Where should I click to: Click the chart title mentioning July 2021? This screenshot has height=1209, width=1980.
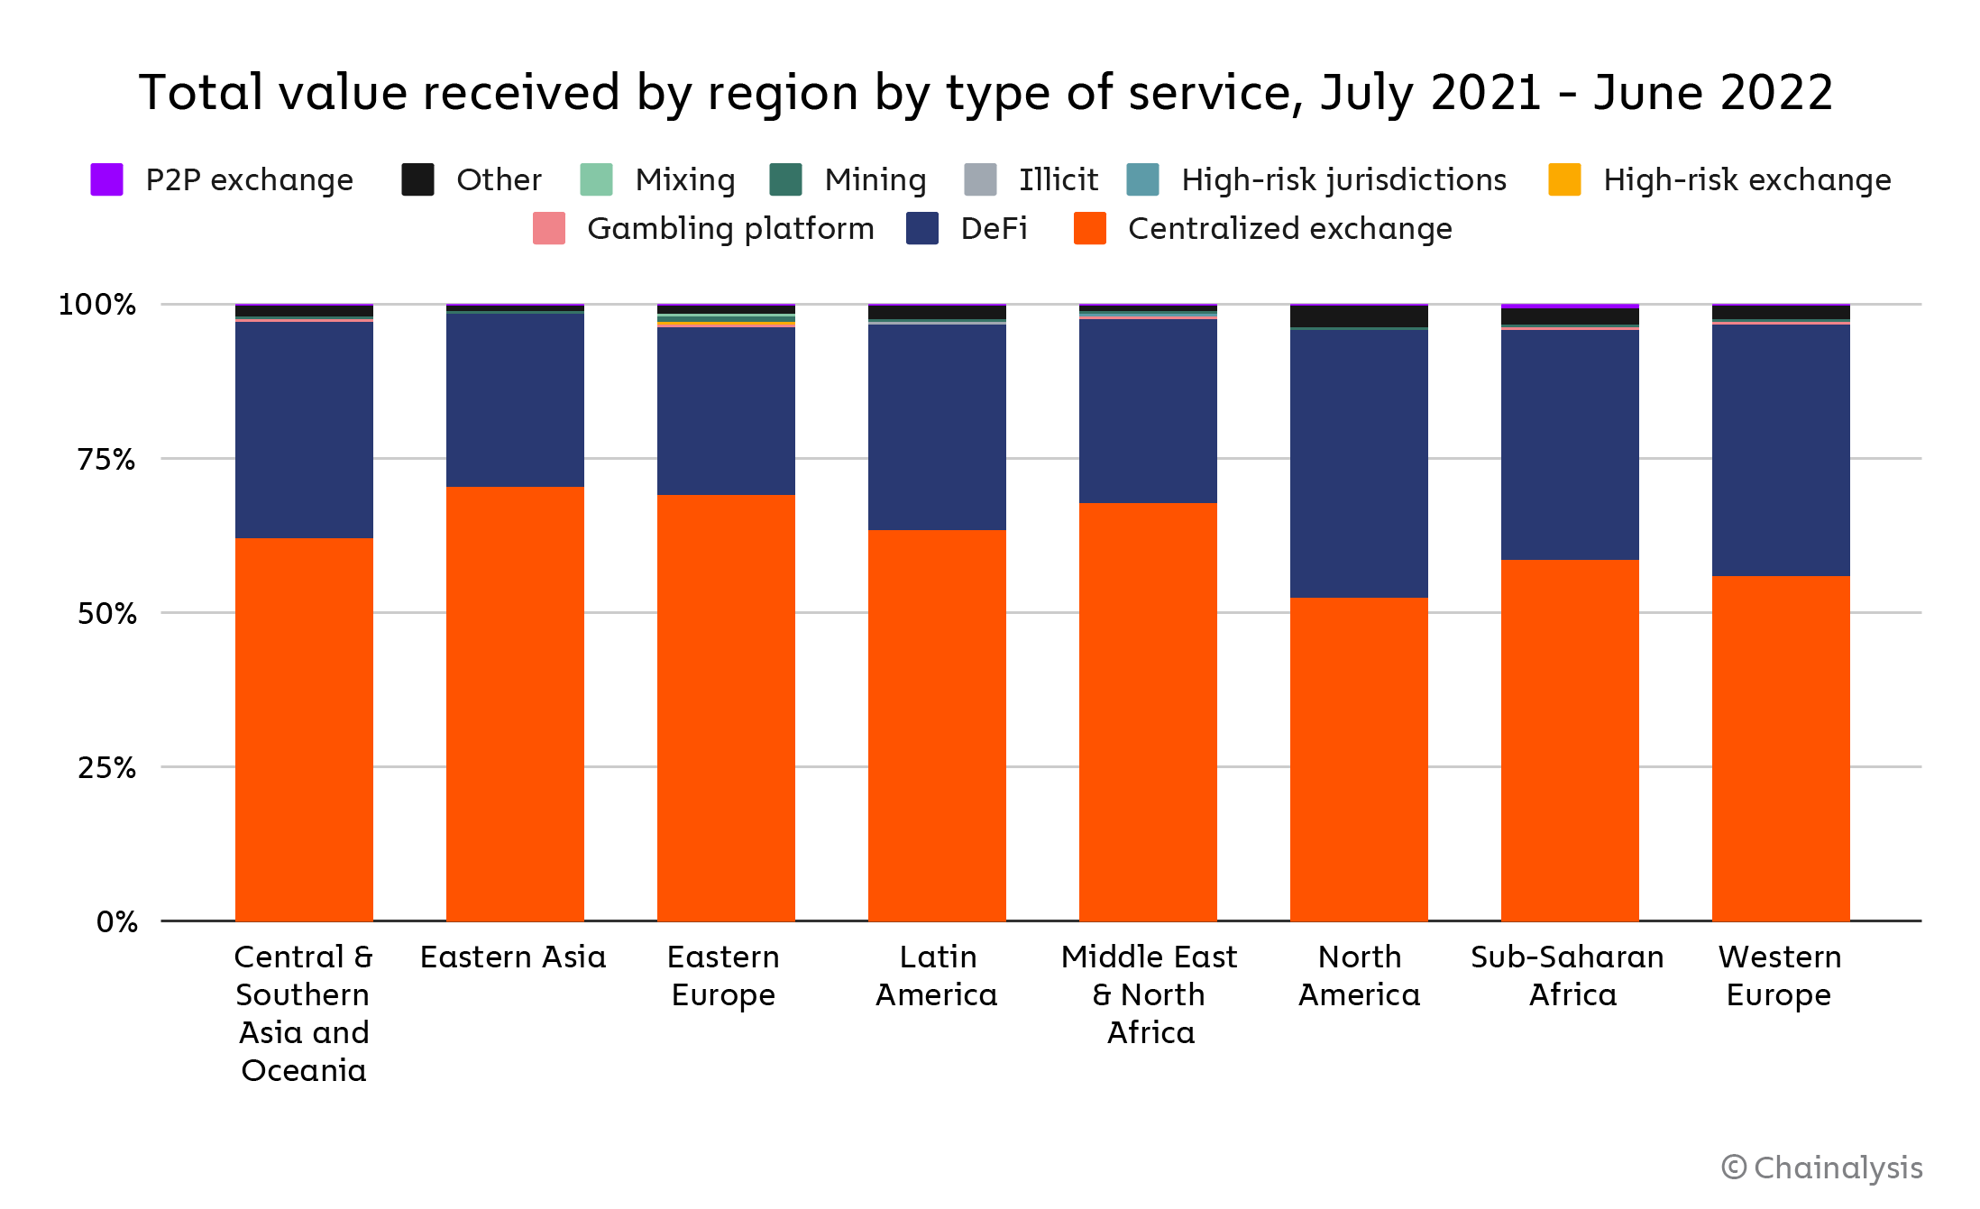click(985, 93)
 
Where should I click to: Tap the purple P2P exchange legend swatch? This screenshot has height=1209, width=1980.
click(106, 179)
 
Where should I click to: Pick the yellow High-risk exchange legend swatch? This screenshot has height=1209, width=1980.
click(1564, 179)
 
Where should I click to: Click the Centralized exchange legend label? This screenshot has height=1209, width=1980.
click(1289, 229)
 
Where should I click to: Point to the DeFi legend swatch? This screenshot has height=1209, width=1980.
click(922, 229)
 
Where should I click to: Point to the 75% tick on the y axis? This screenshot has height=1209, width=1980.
click(106, 460)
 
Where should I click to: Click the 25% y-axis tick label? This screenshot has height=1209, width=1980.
click(106, 768)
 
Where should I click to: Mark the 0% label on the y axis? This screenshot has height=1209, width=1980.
click(117, 922)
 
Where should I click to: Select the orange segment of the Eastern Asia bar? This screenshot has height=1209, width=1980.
click(515, 703)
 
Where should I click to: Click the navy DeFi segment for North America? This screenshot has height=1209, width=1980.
click(1359, 463)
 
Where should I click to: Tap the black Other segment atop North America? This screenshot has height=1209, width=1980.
click(1359, 316)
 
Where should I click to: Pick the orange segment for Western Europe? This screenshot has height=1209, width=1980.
click(1781, 748)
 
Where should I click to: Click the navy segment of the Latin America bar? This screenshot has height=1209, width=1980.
click(937, 426)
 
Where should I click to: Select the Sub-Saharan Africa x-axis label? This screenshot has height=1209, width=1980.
click(1568, 975)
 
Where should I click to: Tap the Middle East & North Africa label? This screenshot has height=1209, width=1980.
click(1149, 994)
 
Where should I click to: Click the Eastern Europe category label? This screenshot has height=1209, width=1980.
click(724, 975)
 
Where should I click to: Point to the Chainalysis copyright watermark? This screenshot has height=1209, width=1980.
click(1822, 1168)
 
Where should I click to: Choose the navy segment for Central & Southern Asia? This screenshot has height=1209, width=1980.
click(304, 430)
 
